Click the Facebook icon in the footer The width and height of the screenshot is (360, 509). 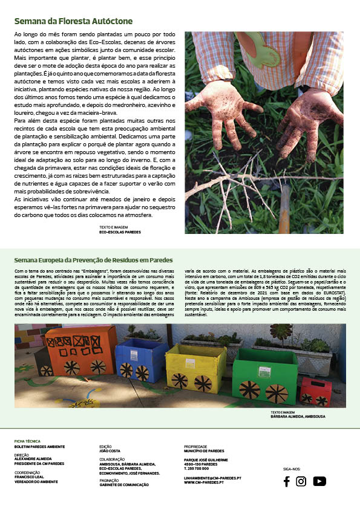(x=287, y=481)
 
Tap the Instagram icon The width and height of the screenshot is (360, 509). (x=301, y=481)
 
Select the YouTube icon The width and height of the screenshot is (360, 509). (x=319, y=481)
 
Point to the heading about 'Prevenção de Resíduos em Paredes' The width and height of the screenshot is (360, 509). (x=93, y=261)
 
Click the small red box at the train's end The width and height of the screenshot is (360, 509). (x=315, y=391)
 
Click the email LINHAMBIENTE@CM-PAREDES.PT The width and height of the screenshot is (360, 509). (x=212, y=477)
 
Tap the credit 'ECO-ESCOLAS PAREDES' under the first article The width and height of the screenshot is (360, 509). (x=120, y=232)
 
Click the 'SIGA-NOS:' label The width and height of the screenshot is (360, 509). (x=292, y=468)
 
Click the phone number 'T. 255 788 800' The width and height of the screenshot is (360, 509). (x=200, y=468)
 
